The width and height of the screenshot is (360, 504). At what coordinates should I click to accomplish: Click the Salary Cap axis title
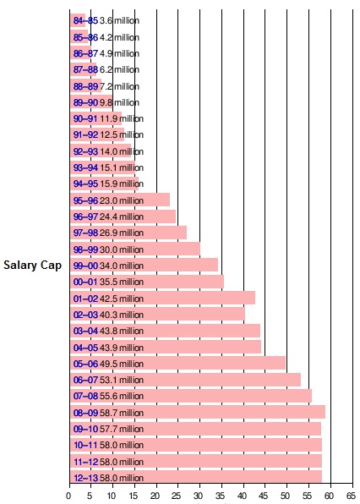(x=32, y=266)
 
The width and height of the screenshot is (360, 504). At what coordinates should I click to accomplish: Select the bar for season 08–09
(x=198, y=412)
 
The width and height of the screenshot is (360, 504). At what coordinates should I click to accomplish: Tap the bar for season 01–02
(x=162, y=298)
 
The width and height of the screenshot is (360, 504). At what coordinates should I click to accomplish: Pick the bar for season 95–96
(x=120, y=200)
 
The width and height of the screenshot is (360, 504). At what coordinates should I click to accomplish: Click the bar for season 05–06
(x=177, y=364)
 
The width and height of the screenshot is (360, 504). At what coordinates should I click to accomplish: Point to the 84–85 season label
(x=85, y=20)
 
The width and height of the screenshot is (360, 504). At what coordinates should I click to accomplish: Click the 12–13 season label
(x=85, y=478)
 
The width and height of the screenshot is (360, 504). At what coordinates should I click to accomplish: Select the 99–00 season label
(x=85, y=266)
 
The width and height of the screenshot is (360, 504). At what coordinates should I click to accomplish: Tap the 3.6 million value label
(x=119, y=20)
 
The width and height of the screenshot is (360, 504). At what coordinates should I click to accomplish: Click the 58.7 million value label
(x=122, y=413)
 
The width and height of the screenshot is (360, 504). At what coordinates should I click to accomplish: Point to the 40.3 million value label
(x=122, y=315)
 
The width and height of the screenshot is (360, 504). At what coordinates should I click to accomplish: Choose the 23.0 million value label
(x=122, y=200)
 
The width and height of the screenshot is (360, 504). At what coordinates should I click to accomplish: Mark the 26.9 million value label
(x=122, y=233)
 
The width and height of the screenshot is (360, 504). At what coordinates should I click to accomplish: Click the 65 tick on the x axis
(x=352, y=496)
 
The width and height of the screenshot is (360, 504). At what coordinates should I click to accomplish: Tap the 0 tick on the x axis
(x=68, y=496)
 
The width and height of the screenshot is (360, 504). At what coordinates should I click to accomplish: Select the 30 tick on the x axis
(x=199, y=496)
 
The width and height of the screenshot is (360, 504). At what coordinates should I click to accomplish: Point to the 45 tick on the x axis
(x=265, y=496)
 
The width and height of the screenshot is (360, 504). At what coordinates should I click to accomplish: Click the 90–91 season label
(x=85, y=118)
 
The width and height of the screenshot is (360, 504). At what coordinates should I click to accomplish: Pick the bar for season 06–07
(x=185, y=380)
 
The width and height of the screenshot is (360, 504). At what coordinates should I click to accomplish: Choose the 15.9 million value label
(x=122, y=184)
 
